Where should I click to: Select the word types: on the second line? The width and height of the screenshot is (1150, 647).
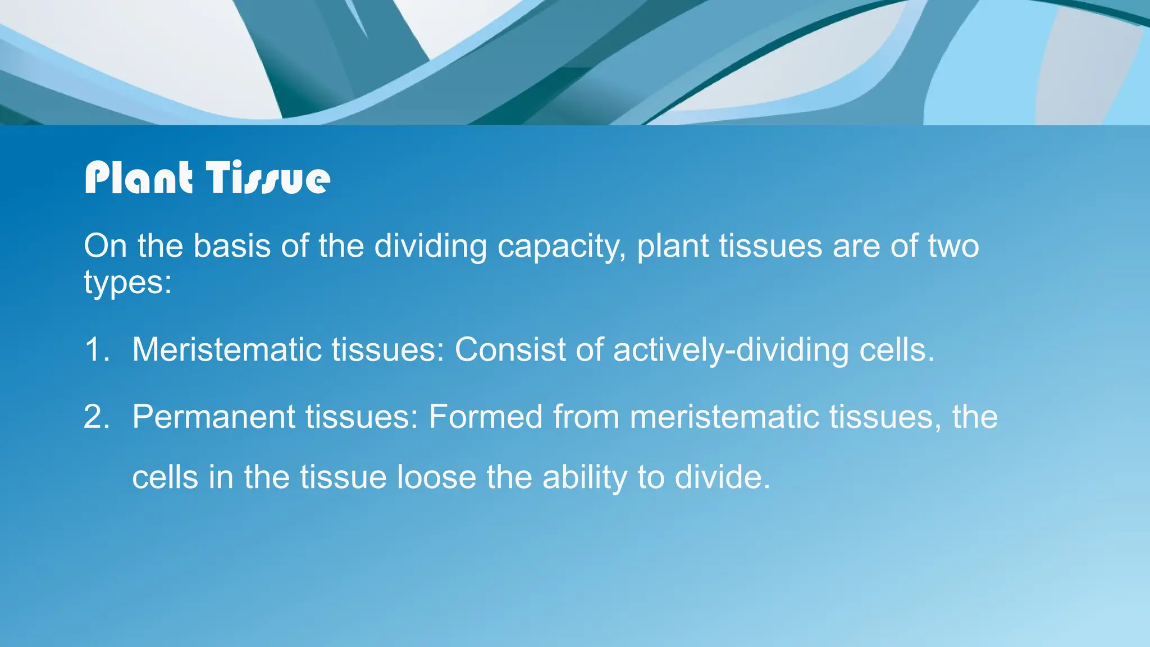point(127,283)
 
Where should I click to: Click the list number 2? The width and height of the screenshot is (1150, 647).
point(97,417)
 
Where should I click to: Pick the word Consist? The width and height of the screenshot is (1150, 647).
point(510,350)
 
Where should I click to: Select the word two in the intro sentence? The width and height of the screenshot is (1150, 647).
point(953,247)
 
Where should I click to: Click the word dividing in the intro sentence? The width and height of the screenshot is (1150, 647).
point(430,247)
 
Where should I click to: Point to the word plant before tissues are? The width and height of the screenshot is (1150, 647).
point(672,247)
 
